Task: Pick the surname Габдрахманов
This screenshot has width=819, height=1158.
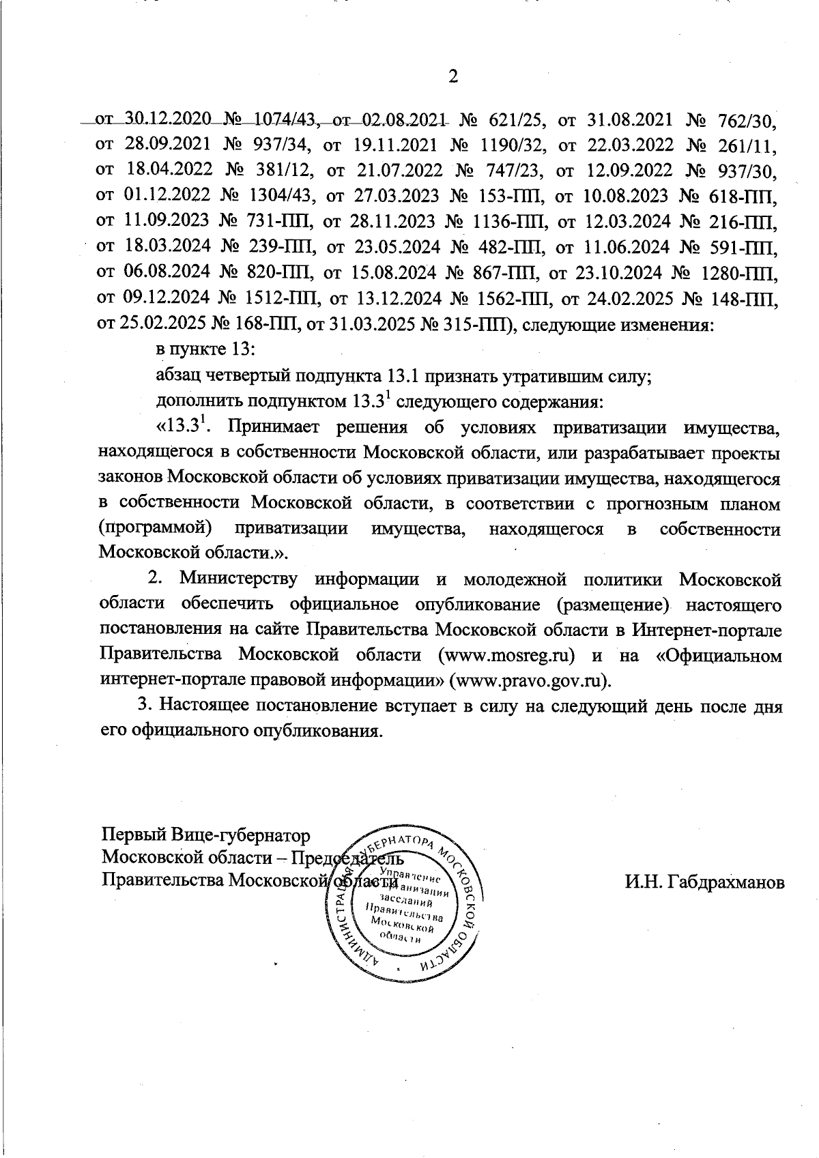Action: [x=705, y=882]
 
